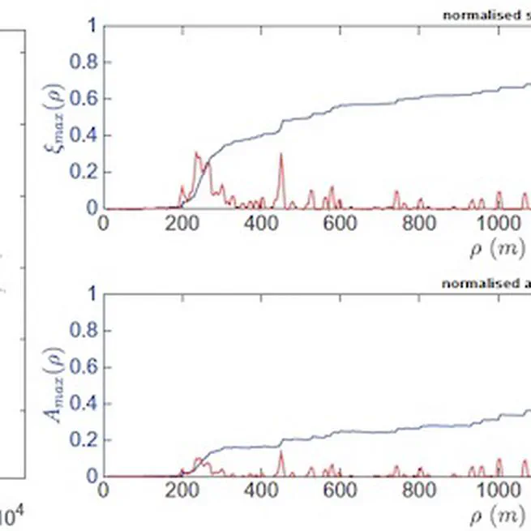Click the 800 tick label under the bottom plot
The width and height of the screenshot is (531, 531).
[x=419, y=491]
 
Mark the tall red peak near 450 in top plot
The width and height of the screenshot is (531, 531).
[x=281, y=154]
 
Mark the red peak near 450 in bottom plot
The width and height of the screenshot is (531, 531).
[x=281, y=452]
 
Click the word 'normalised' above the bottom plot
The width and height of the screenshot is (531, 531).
[x=470, y=283]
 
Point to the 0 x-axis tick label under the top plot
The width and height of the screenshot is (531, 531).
[x=102, y=224]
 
